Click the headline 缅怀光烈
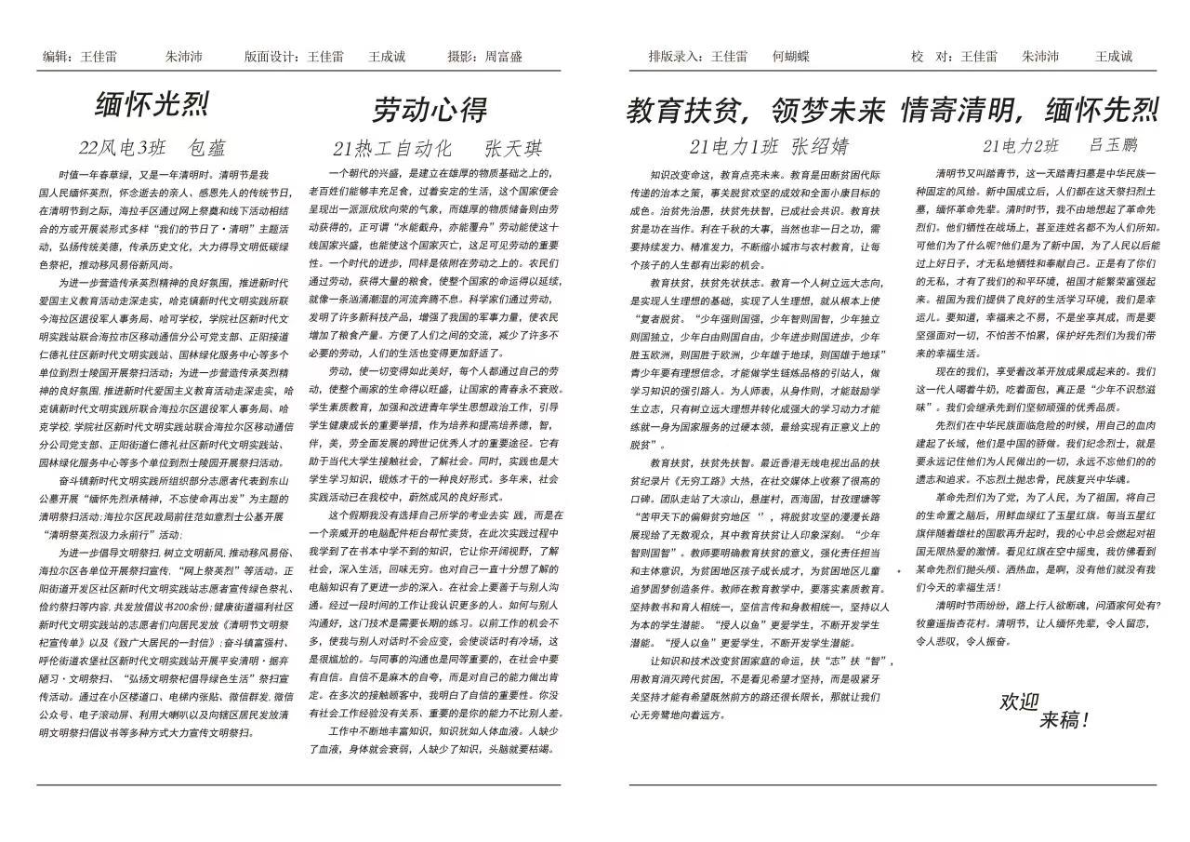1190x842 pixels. pyautogui.click(x=152, y=104)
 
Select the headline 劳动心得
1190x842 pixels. pyautogui.click(x=430, y=110)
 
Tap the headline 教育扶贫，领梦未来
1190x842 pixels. pyautogui.click(x=755, y=111)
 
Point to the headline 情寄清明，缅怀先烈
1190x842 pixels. pyautogui.click(x=1029, y=111)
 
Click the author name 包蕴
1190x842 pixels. pyautogui.click(x=207, y=148)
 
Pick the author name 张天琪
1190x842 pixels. pyautogui.click(x=513, y=149)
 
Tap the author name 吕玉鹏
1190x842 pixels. pyautogui.click(x=1113, y=145)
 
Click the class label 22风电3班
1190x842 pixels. pyautogui.click(x=122, y=148)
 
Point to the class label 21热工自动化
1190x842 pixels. pyautogui.click(x=392, y=149)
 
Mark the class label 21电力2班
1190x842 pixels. pyautogui.click(x=1021, y=146)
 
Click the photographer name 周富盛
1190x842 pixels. pyautogui.click(x=504, y=57)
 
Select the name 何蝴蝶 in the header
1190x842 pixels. pyautogui.click(x=790, y=56)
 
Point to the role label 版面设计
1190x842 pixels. pyautogui.click(x=271, y=57)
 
